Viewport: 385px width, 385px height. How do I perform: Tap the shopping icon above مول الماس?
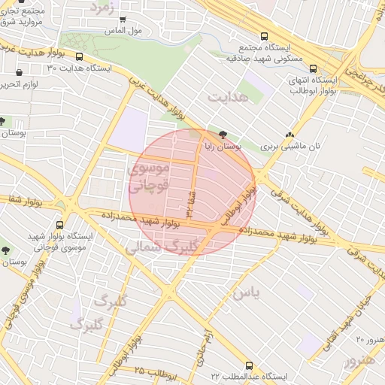pos(123,20)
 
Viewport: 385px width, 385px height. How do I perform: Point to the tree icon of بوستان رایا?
pos(223,133)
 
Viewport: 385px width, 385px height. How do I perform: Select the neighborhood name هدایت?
pos(227,99)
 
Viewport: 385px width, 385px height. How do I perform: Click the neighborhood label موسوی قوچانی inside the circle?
pos(150,176)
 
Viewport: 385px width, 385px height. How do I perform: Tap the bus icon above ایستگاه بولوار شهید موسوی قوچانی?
pos(60,224)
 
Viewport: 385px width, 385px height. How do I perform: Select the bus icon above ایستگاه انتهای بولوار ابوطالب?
pos(313,68)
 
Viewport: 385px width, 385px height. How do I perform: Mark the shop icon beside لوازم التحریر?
pos(18,73)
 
